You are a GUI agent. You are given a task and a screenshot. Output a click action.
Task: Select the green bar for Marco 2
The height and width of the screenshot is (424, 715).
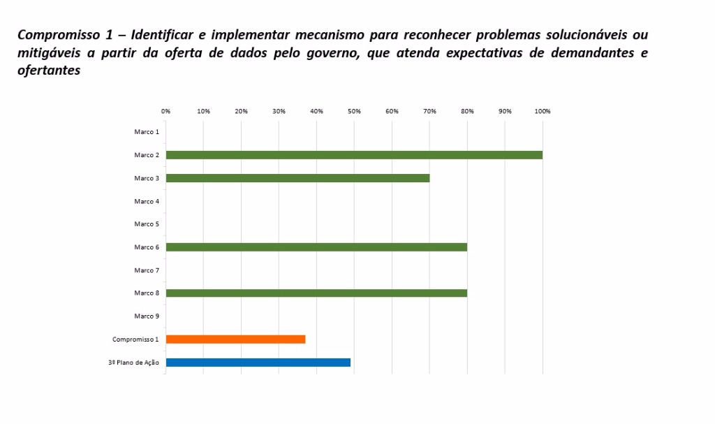pos(354,155)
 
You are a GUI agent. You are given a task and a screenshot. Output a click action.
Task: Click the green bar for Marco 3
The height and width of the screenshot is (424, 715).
pos(297,178)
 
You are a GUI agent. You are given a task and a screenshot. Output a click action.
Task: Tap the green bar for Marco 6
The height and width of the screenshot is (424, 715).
pos(316,247)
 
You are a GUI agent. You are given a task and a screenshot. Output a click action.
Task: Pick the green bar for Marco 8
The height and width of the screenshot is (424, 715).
pos(316,293)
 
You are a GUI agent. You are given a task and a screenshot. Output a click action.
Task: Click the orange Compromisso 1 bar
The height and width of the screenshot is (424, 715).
pos(235,339)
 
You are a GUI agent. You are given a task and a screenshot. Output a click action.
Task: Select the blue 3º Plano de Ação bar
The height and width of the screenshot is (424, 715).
pos(258,363)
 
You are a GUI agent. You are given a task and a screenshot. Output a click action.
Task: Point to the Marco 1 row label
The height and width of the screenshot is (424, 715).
pos(147,132)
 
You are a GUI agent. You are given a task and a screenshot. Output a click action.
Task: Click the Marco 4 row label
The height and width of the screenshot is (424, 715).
pos(147,201)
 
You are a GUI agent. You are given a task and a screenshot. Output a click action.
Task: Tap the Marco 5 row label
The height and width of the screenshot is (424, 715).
pos(147,224)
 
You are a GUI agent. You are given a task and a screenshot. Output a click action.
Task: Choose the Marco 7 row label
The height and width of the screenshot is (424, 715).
pos(147,270)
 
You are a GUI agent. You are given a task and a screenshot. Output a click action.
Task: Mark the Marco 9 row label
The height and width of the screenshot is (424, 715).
pos(147,316)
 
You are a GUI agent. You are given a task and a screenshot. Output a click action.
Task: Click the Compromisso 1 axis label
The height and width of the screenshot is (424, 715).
pos(135,339)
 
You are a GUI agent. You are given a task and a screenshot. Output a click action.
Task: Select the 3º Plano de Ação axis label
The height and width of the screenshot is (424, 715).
pos(133,363)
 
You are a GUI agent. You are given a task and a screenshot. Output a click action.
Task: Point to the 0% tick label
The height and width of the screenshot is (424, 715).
pos(165,111)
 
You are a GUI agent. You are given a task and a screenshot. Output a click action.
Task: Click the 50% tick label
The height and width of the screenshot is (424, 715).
pos(354,111)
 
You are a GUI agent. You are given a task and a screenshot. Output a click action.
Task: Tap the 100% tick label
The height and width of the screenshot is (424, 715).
pos(543,111)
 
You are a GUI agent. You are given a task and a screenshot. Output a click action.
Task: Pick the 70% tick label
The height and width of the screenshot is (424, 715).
pos(429,111)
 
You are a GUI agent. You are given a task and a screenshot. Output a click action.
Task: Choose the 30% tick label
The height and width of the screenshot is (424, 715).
pos(279,111)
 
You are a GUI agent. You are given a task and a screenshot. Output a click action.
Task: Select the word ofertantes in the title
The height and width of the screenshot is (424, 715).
pos(49,71)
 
